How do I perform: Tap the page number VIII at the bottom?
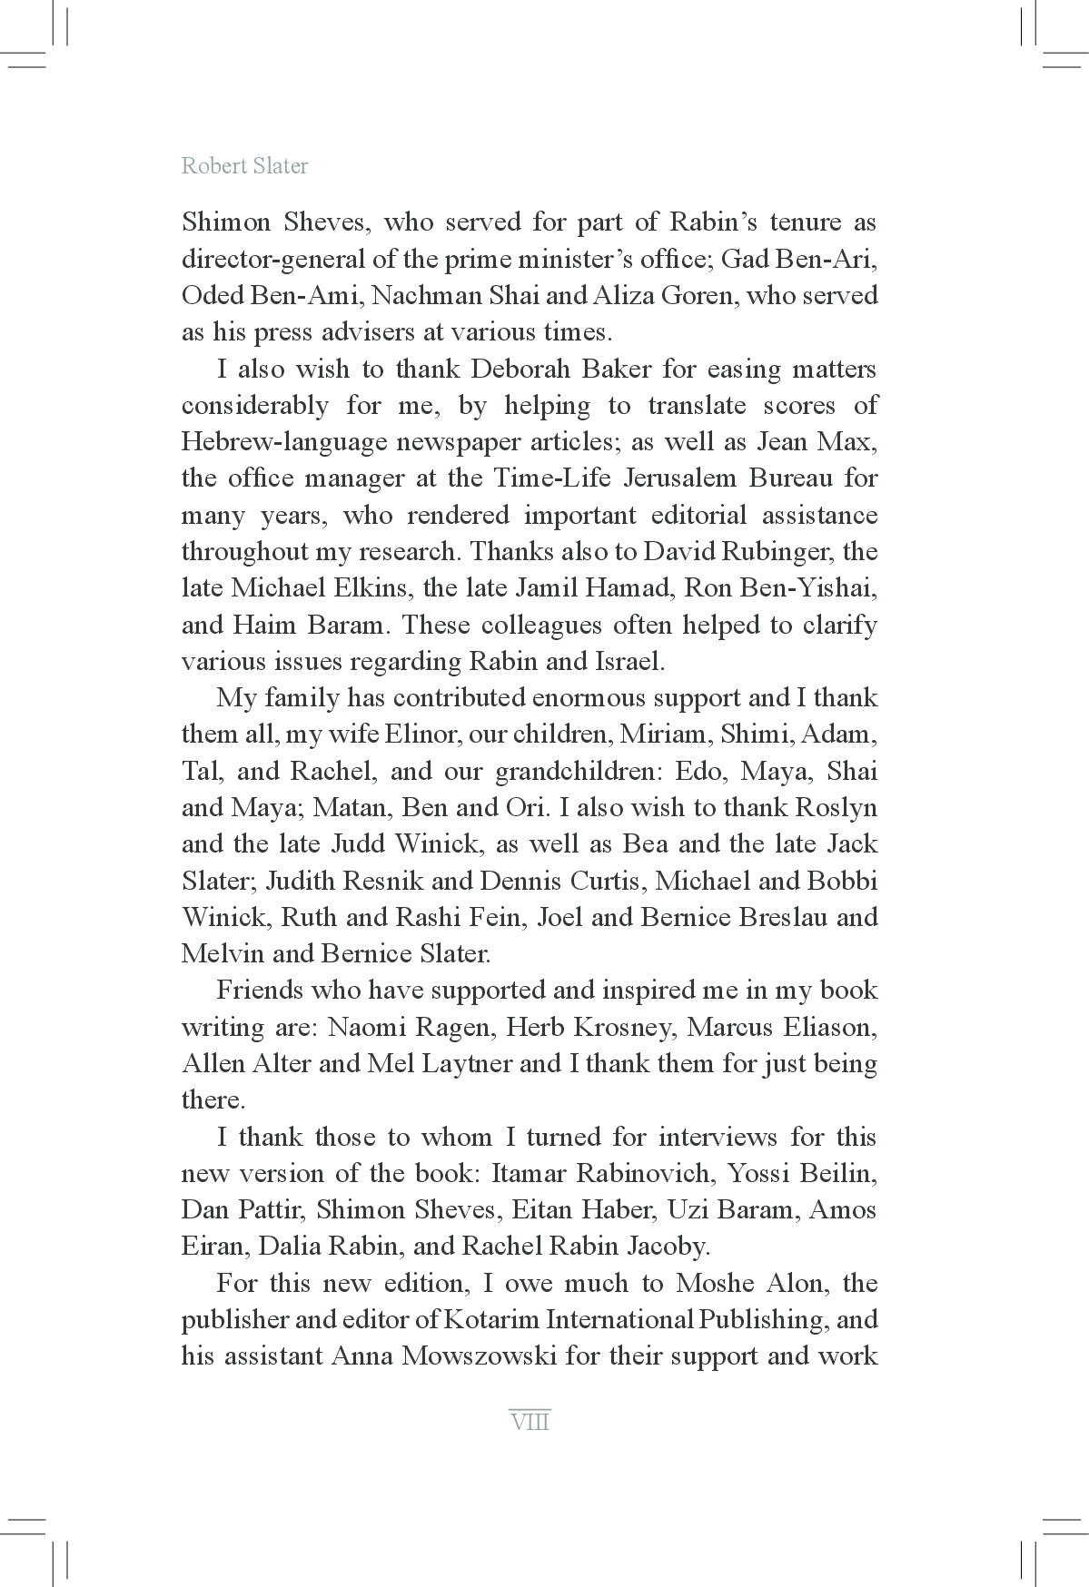[530, 1421]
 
